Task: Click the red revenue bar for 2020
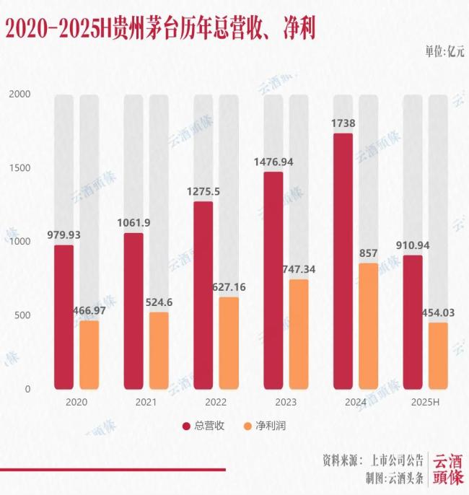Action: [x=63, y=317]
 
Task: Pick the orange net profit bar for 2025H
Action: [x=438, y=356]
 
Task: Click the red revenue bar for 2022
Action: [x=203, y=295]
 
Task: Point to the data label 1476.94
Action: [x=273, y=162]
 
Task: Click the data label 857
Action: [x=369, y=253]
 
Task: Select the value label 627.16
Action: [x=229, y=287]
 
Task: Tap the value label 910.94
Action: [x=413, y=245]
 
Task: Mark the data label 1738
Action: [x=343, y=123]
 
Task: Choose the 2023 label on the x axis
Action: [x=273, y=403]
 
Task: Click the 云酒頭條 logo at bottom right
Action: [x=447, y=469]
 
